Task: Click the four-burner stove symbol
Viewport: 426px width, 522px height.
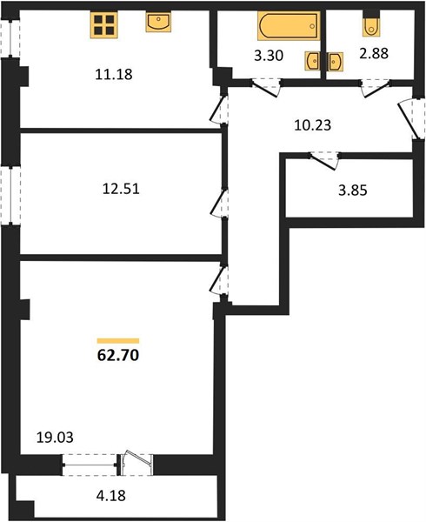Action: tap(103, 25)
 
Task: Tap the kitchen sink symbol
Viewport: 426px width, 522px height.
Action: tap(158, 22)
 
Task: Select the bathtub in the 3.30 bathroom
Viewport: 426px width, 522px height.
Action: tap(289, 25)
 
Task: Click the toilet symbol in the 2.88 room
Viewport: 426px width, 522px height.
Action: tap(371, 27)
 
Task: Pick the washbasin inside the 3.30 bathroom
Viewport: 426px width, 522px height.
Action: tap(312, 61)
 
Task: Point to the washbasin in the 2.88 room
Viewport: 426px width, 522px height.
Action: tap(336, 61)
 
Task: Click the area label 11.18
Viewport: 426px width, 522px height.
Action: tap(114, 74)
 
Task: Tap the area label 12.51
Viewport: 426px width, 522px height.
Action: tap(121, 189)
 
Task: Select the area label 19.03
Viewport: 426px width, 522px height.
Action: tap(55, 437)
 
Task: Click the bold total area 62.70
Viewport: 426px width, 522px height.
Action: tap(118, 356)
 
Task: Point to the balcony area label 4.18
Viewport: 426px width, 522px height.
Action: tap(111, 496)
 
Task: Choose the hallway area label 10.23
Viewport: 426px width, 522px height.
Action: tap(313, 125)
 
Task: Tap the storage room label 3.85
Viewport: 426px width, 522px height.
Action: tap(352, 191)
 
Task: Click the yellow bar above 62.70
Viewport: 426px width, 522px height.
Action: tap(118, 340)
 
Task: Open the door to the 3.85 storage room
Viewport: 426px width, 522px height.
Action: tap(324, 160)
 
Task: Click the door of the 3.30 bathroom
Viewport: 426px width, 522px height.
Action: tap(265, 88)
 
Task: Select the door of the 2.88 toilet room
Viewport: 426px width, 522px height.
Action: tap(376, 88)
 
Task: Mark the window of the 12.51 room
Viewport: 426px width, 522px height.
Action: tap(10, 196)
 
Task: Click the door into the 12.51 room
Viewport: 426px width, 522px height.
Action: tap(220, 204)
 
